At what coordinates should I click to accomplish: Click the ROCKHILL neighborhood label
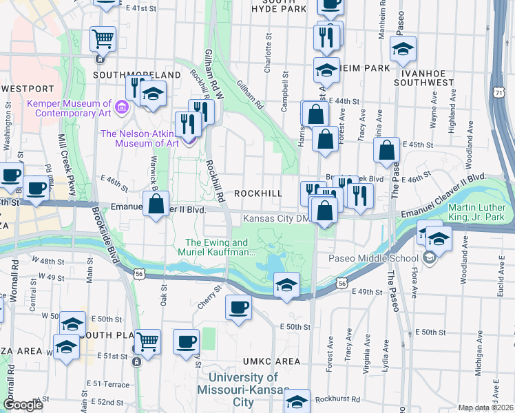[258, 194]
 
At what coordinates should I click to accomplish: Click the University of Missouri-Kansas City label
[244, 390]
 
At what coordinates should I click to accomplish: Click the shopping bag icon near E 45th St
[388, 149]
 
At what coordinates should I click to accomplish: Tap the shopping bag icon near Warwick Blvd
[156, 204]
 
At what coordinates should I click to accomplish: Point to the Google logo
[23, 405]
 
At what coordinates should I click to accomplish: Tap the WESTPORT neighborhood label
[28, 89]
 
